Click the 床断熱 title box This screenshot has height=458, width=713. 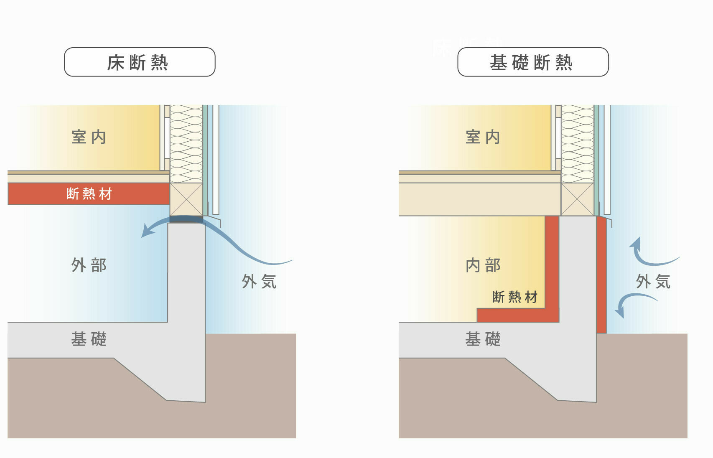coord(139,62)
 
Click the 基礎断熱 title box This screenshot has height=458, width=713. coord(532,62)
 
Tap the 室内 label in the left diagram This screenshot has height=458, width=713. coord(89,137)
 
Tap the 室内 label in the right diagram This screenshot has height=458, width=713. coord(483,137)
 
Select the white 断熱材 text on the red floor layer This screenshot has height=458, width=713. coord(89,194)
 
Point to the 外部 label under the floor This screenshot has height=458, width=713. coord(89,265)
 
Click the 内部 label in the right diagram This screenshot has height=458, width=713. coord(483,265)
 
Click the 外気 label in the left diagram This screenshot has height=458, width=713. coord(259,282)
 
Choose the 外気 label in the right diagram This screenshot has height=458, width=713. coord(653,282)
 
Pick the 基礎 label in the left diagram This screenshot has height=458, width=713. coord(89,339)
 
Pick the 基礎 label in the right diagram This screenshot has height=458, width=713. coord(483,339)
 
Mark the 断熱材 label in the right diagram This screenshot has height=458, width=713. coord(514,297)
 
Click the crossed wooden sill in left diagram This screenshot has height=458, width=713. coord(186,199)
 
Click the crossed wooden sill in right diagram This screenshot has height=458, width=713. coord(577,199)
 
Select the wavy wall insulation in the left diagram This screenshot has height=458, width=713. coord(186,142)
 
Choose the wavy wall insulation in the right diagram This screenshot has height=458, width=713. coord(577,142)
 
